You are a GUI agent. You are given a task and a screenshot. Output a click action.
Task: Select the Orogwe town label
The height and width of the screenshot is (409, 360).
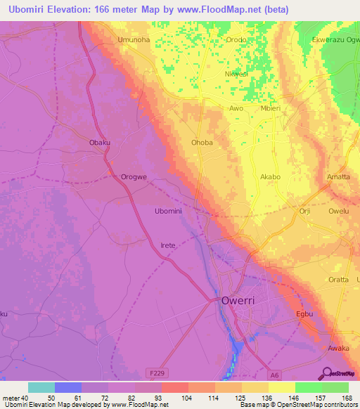pos(134,177)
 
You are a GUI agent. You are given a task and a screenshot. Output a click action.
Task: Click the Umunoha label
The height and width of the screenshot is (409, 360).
pos(134,40)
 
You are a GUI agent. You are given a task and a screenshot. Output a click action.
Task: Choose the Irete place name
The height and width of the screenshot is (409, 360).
pos(167,245)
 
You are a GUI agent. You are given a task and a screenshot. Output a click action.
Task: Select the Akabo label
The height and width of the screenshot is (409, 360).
pos(270,177)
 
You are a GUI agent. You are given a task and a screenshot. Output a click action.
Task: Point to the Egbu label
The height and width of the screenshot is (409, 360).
pos(304,313)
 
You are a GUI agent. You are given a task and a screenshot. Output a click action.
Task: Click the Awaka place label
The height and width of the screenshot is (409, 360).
pos(338,348)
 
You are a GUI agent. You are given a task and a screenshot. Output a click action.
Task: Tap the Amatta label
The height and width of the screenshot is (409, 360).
pos(338,177)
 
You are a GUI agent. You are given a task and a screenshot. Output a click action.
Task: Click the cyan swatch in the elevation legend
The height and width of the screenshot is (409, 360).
pos(41,387)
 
